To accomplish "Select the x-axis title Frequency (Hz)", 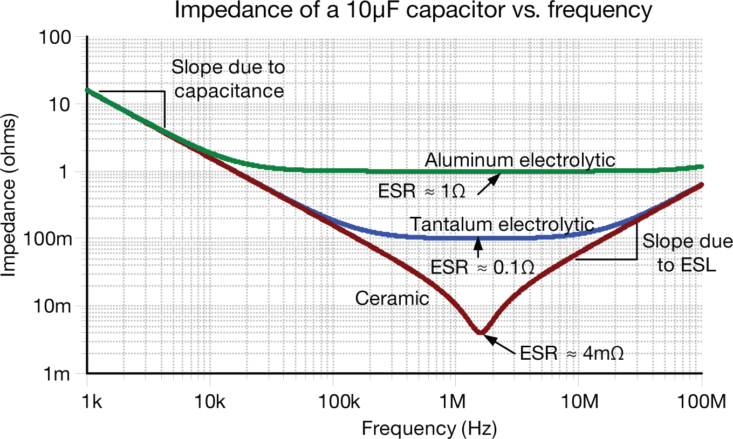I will point(429,428).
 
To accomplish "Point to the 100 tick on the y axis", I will point(58,38).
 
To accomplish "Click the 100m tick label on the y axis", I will point(47,239).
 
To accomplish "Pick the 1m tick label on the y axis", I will point(58,373).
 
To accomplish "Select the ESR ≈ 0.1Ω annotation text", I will point(483,266).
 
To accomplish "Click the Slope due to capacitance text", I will point(228,79).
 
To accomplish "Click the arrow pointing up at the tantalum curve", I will point(477,247).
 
